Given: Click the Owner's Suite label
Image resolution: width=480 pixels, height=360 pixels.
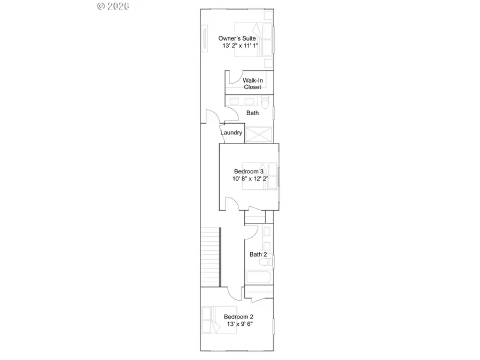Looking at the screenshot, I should click(x=237, y=38).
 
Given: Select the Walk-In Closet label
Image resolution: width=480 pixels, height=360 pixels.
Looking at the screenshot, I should click(x=252, y=83).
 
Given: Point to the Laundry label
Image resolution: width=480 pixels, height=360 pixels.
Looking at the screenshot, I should click(x=231, y=133).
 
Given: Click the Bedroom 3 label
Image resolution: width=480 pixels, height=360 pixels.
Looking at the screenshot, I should click(x=249, y=171).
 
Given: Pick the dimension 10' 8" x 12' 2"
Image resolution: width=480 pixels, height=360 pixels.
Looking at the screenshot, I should click(x=250, y=179).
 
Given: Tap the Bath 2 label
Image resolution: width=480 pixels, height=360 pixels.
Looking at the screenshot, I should click(x=258, y=254).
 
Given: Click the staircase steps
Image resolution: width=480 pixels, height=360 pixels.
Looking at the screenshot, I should click(x=211, y=256).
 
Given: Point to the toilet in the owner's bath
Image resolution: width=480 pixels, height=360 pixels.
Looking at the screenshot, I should click(x=266, y=101).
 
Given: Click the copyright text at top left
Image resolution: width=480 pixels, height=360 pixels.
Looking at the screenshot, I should click(x=114, y=6).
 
